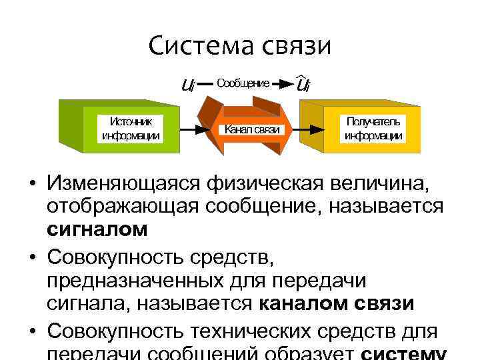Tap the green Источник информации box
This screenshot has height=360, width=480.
pyautogui.click(x=130, y=129)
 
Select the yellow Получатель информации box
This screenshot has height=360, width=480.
pyautogui.click(x=373, y=129)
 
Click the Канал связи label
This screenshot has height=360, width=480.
pyautogui.click(x=251, y=129)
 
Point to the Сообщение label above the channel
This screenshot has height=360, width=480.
pyautogui.click(x=243, y=83)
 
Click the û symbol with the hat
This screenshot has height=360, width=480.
pyautogui.click(x=303, y=85)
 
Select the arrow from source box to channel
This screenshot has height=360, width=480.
pyautogui.click(x=193, y=129)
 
